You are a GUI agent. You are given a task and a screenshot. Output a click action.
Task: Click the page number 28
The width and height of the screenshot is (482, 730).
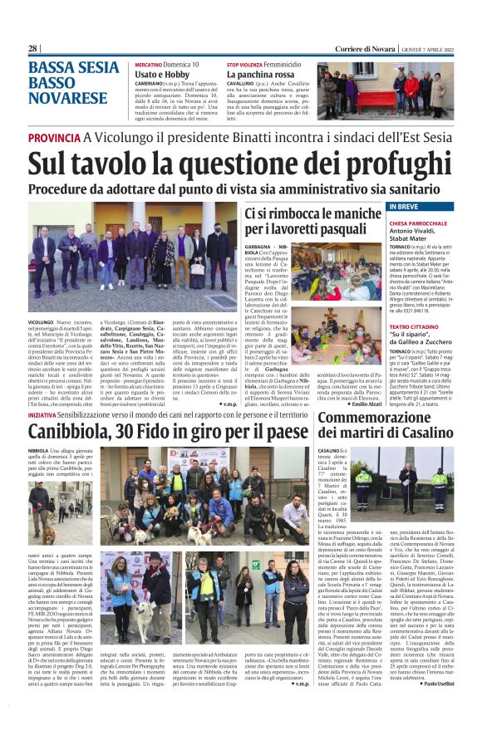pyautogui.click(x=33, y=49)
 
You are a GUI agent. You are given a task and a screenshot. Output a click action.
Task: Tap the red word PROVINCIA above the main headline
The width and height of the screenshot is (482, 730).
pyautogui.click(x=54, y=138)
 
